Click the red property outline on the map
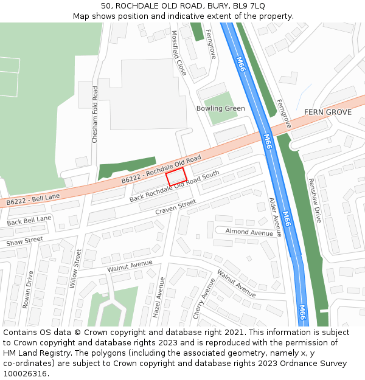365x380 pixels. pos(176,177)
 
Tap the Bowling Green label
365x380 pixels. pos(220,109)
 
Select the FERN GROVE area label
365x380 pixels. pos(328,112)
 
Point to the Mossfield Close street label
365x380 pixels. pos(178,53)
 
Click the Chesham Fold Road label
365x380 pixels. pos(94,114)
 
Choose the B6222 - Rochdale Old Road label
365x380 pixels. pos(161,168)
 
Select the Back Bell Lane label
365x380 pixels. pos(29,220)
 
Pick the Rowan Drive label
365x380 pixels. pos(27,290)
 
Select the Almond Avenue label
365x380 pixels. pos(249,232)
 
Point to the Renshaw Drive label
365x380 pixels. pos(314,199)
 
